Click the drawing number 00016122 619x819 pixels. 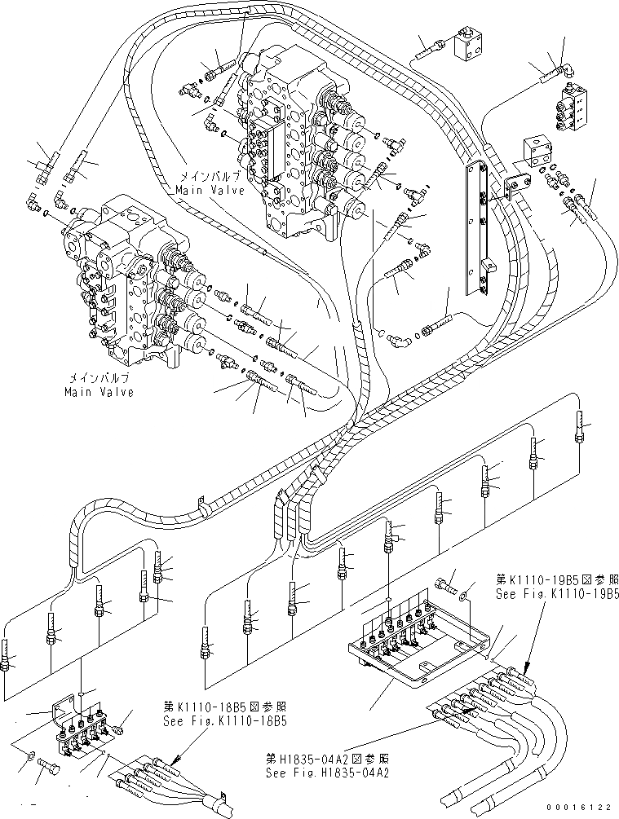pos(576,807)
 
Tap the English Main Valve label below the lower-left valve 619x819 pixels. pos(99,392)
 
